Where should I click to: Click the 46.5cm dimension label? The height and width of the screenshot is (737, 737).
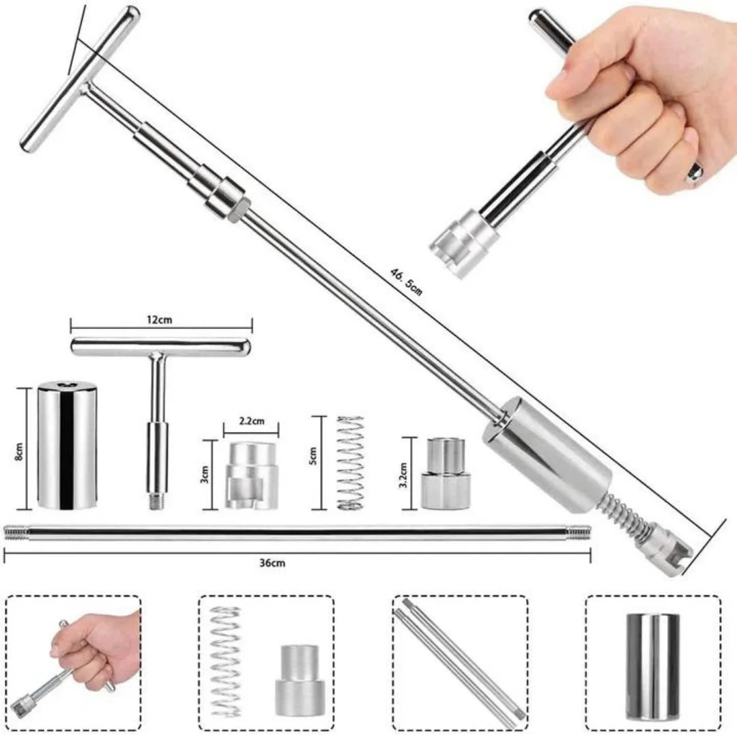pyautogui.click(x=406, y=280)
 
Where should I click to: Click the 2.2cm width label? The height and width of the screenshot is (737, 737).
pyautogui.click(x=252, y=422)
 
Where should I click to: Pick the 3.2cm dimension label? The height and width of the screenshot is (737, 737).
pyautogui.click(x=404, y=472)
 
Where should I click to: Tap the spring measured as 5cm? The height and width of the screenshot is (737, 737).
pyautogui.click(x=350, y=462)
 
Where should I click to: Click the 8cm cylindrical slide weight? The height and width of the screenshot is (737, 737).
pyautogui.click(x=66, y=446)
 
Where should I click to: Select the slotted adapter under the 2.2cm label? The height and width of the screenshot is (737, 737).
pyautogui.click(x=250, y=475)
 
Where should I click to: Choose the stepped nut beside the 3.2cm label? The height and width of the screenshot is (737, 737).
pyautogui.click(x=445, y=474)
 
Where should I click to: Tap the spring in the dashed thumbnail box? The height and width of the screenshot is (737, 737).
pyautogui.click(x=226, y=661)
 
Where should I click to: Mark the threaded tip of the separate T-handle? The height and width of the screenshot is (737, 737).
pyautogui.click(x=156, y=501)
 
